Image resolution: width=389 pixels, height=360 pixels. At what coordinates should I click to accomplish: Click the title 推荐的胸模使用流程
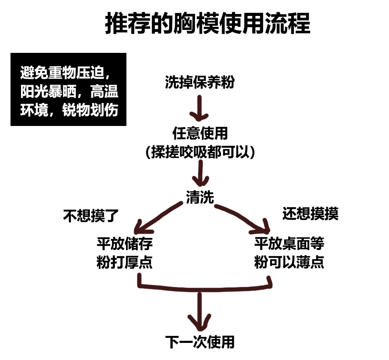click(208, 24)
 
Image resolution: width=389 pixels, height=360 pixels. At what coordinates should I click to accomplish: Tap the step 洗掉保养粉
click(200, 82)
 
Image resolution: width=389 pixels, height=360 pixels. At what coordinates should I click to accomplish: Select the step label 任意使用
click(200, 133)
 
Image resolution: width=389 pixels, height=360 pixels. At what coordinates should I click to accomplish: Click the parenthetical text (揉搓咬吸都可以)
click(200, 152)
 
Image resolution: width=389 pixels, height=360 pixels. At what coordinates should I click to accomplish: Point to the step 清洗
click(200, 197)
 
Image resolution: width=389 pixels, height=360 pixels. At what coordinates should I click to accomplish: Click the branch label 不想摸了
click(91, 215)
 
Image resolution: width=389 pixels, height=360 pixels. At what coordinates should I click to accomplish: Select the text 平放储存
click(124, 244)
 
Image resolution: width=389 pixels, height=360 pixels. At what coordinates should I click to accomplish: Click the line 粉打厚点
click(124, 263)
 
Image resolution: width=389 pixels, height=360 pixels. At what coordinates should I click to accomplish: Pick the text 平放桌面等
click(289, 244)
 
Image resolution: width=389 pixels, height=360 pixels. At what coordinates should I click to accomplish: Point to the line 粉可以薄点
click(289, 263)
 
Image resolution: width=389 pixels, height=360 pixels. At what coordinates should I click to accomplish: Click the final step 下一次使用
click(200, 342)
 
